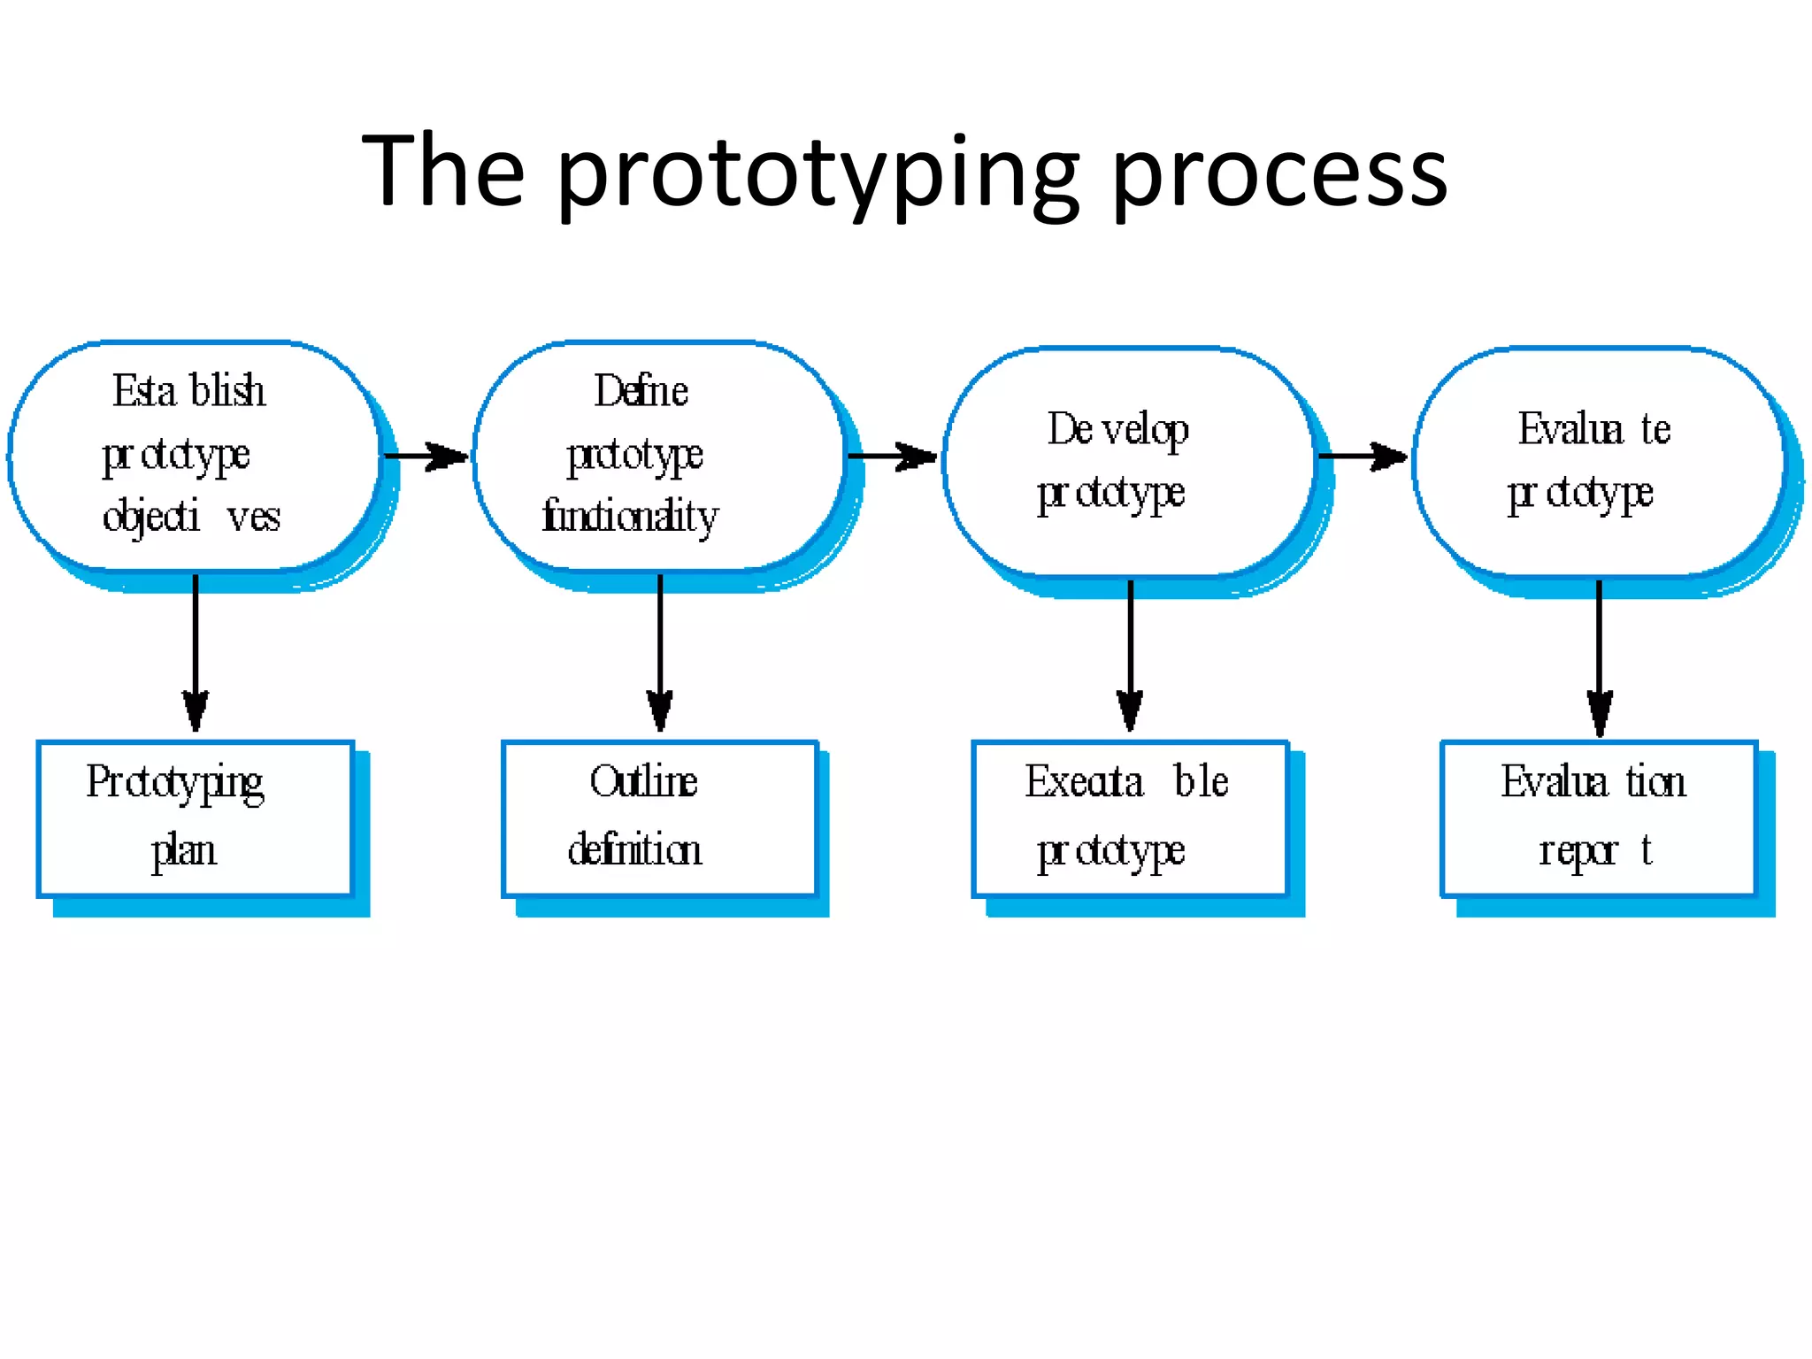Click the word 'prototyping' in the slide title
(818, 173)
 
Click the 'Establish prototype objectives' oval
(194, 455)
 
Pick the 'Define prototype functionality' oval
(657, 455)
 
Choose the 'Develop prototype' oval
(1128, 461)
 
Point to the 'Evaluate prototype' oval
(1597, 461)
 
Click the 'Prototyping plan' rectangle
(196, 818)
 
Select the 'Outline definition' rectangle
(659, 818)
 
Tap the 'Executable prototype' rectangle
(1130, 818)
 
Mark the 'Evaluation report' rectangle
(1598, 818)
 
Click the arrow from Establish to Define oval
(426, 457)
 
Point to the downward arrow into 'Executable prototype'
(1130, 655)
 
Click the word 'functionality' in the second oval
(630, 516)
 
